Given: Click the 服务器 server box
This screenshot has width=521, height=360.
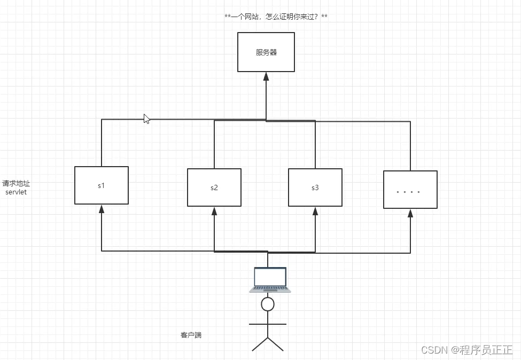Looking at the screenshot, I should point(266,52).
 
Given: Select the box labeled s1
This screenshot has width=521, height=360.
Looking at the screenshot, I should point(102,185).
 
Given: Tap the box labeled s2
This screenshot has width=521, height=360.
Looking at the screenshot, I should point(214,187).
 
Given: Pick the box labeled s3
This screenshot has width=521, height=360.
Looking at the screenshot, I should point(315,187).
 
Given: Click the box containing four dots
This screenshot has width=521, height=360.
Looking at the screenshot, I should point(410,190).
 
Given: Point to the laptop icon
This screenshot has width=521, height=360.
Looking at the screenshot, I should point(270,280).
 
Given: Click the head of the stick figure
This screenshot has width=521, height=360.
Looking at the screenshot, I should point(267,304).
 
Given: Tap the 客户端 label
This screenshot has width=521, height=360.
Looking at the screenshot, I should point(191,335).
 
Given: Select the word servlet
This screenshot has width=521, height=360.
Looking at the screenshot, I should point(16,192).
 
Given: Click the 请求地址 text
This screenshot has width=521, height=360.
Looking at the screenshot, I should point(16,183).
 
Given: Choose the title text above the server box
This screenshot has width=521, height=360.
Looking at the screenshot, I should point(276,17).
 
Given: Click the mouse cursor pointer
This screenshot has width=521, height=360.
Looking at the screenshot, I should point(146,119).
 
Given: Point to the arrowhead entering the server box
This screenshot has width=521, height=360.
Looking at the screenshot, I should point(266,76).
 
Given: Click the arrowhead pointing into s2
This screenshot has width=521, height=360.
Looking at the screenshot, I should point(214,210).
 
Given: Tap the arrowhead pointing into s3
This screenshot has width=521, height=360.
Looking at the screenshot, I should point(315,210).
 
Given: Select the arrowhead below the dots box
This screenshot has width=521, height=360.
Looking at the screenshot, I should point(410,213).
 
